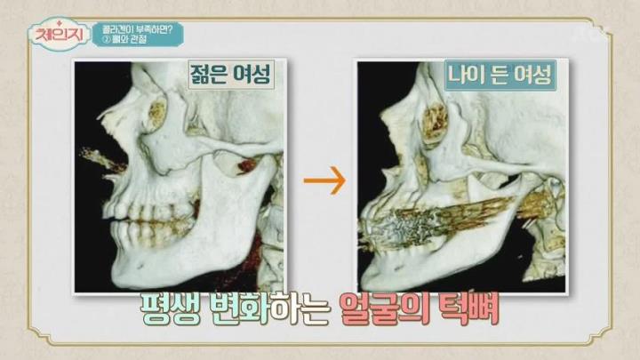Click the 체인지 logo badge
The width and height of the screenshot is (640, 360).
[60, 35]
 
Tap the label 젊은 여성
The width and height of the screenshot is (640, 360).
[230, 75]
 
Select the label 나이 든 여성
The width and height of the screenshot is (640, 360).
[500, 75]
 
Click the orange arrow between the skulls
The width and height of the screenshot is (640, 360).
[325, 180]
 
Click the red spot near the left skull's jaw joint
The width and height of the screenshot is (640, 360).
[246, 165]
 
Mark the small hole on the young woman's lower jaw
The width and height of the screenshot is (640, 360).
[140, 265]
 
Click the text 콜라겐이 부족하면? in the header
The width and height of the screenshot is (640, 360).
[137, 30]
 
